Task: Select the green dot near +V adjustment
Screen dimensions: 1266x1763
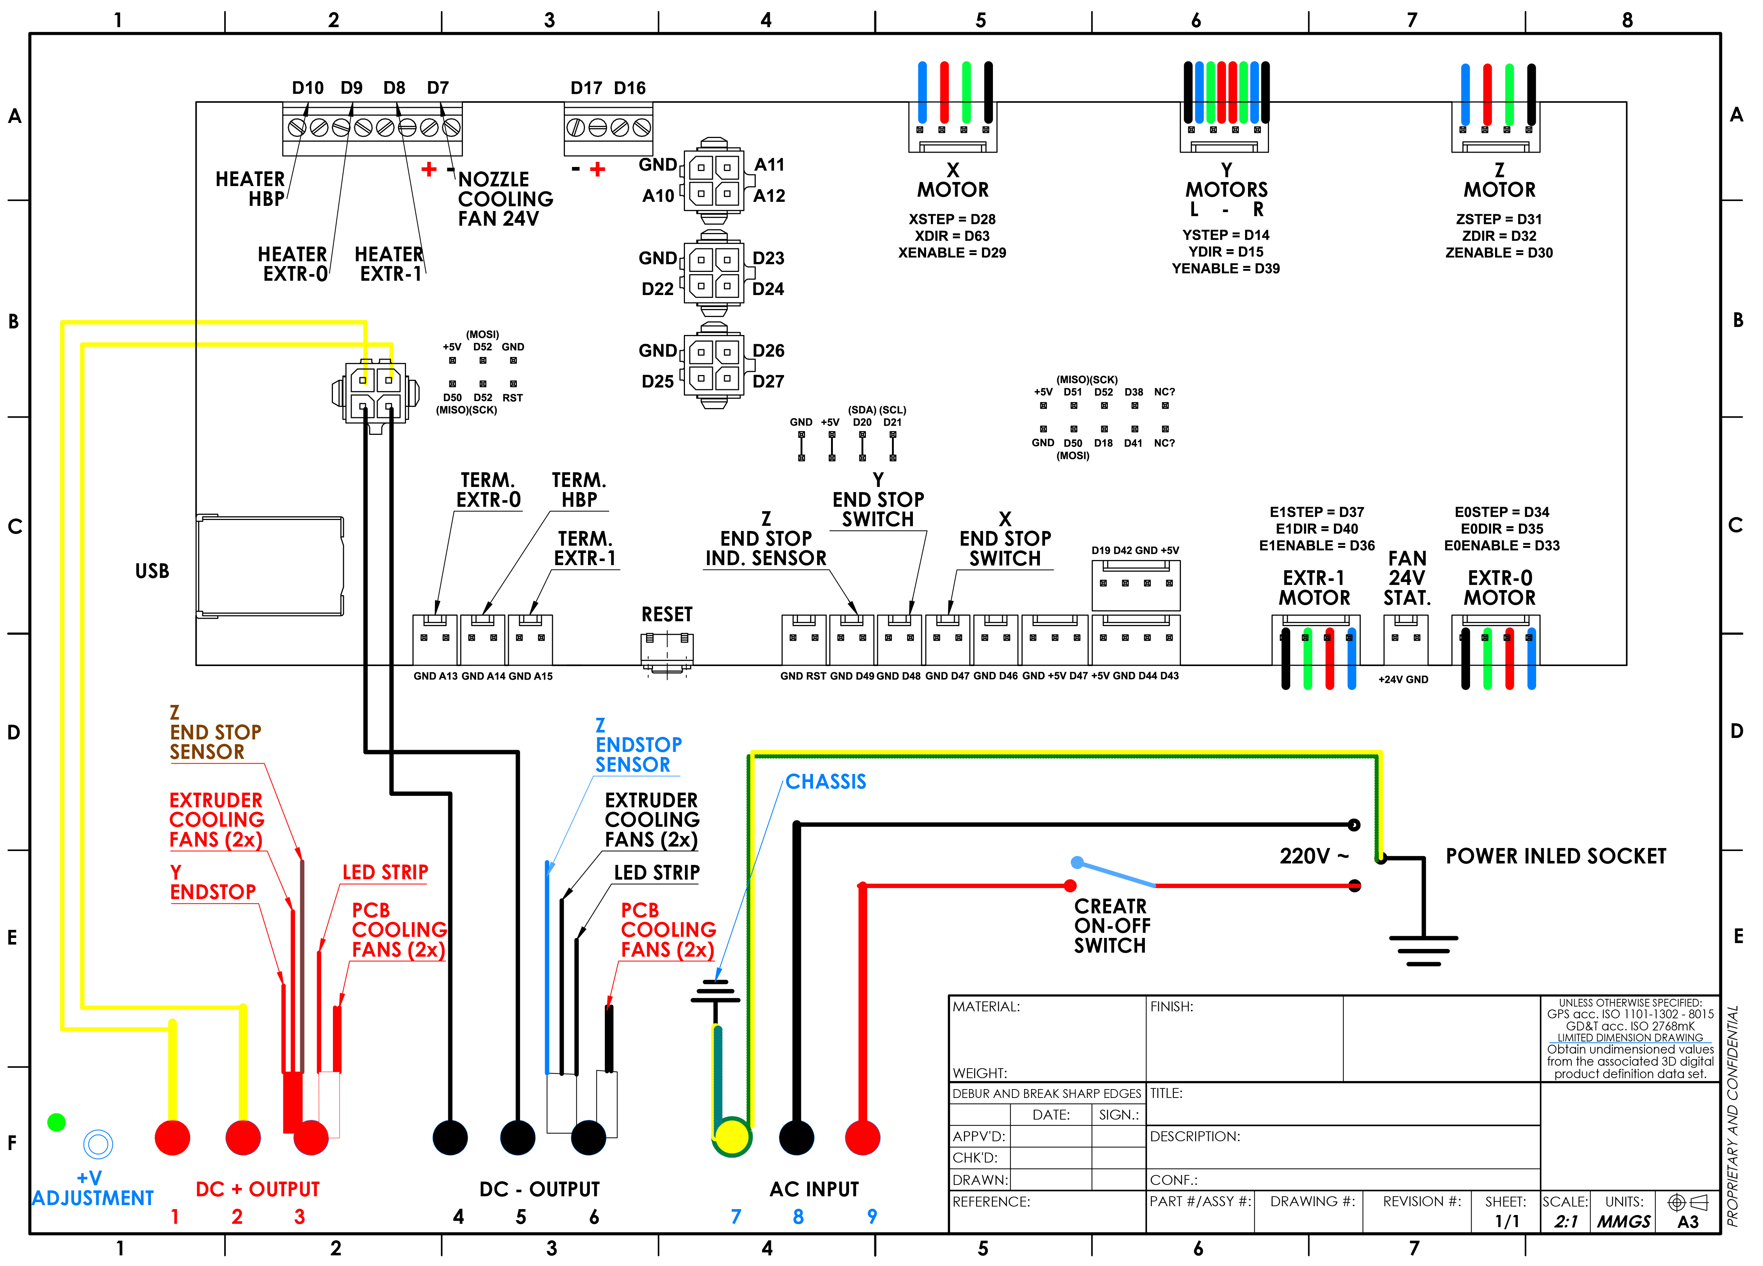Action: pyautogui.click(x=56, y=1122)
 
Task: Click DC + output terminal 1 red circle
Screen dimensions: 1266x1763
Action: pyautogui.click(x=173, y=1138)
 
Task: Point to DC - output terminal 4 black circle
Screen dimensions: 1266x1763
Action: pyautogui.click(x=450, y=1138)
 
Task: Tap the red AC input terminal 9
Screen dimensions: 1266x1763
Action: pyautogui.click(x=862, y=1138)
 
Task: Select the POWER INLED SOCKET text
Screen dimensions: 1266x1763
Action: pyautogui.click(x=1556, y=856)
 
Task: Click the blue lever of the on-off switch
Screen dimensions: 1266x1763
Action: pyautogui.click(x=1116, y=873)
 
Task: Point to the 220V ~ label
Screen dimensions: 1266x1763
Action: pyautogui.click(x=1314, y=856)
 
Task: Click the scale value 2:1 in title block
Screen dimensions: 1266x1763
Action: pyautogui.click(x=1566, y=1222)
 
